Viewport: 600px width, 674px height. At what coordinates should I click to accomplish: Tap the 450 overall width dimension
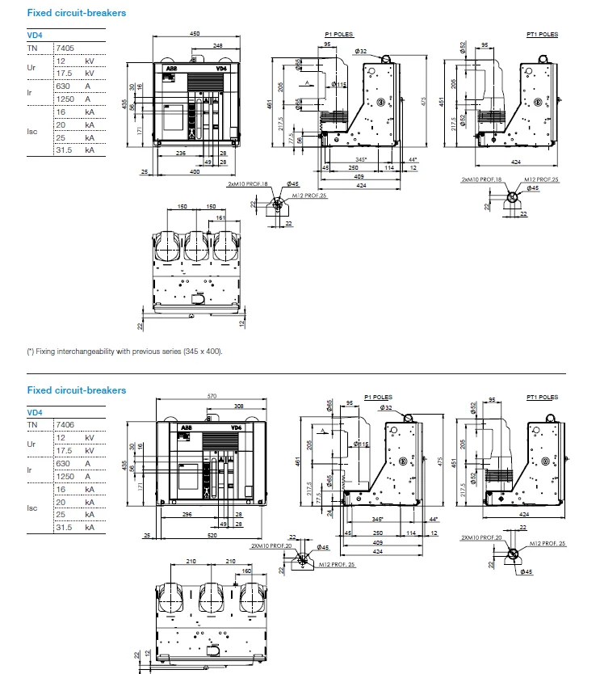195,33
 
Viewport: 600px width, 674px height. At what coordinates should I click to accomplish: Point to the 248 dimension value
219,46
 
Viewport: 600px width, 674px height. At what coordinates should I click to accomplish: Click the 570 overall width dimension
212,396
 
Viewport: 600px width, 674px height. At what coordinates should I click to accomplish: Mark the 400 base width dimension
195,172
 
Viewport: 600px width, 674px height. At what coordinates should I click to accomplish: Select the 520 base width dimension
211,535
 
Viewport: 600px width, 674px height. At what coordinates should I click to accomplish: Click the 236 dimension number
180,152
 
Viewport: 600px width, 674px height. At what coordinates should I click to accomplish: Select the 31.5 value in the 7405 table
65,150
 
